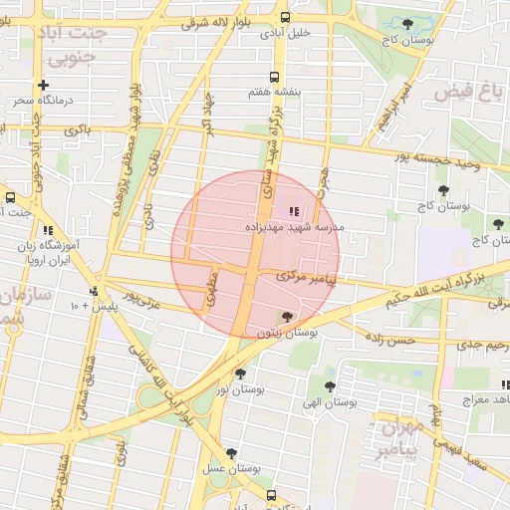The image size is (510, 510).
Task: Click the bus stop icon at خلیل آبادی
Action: tap(286, 17)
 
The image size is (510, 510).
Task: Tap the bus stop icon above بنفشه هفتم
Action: tap(274, 78)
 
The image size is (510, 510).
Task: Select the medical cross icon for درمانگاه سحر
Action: tap(43, 86)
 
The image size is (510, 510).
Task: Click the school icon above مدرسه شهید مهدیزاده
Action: tap(293, 211)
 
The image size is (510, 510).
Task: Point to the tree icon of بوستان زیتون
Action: tap(288, 318)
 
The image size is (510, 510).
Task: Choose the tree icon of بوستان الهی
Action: tap(330, 386)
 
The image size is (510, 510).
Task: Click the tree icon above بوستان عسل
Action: tap(231, 452)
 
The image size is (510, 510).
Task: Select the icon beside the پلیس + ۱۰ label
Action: tap(94, 291)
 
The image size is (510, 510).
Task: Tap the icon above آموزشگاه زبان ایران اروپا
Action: tap(48, 230)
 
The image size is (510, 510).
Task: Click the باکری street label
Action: tap(77, 129)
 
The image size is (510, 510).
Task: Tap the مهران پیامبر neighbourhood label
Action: tap(399, 438)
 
